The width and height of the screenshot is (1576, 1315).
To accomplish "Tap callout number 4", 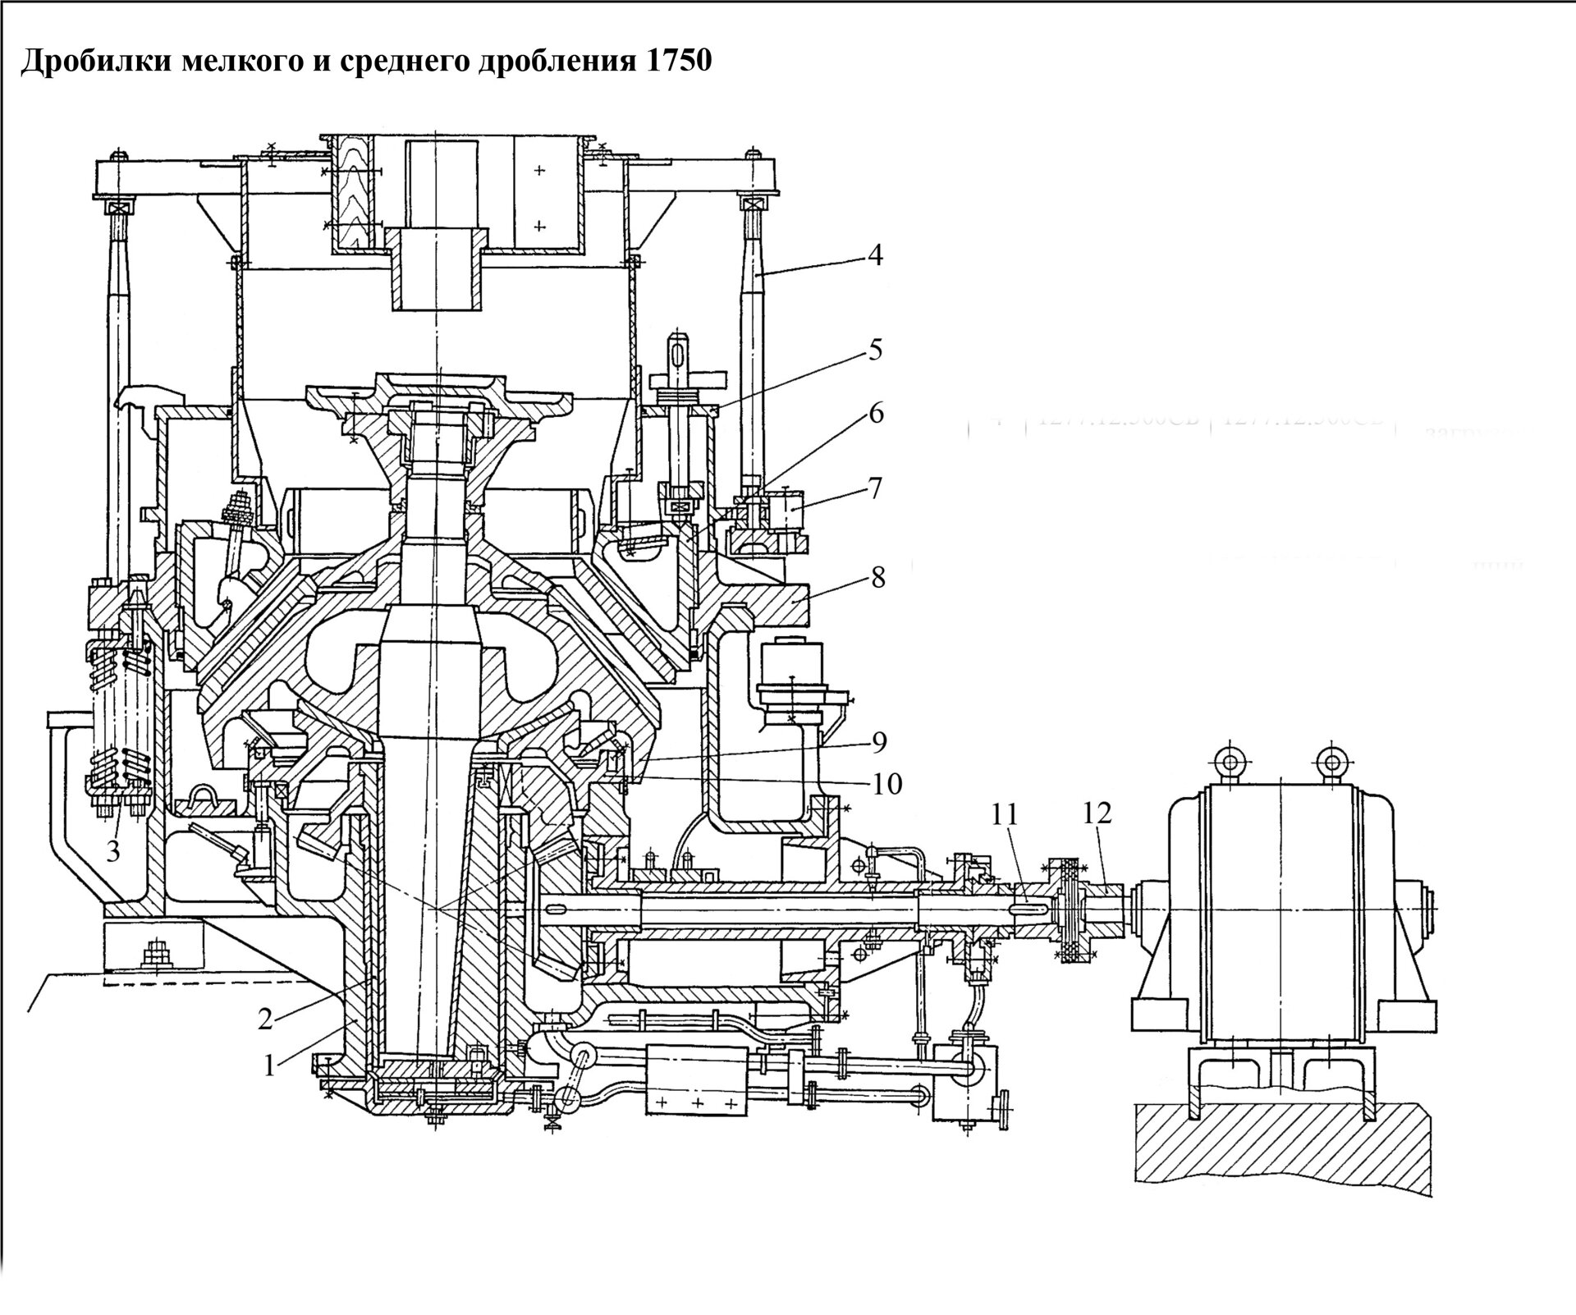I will pyautogui.click(x=875, y=256).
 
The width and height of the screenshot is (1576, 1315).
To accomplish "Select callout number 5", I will pyautogui.click(x=875, y=350).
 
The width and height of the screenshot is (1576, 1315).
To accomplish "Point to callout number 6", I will pyautogui.click(x=876, y=413).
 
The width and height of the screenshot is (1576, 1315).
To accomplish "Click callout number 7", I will pyautogui.click(x=875, y=488).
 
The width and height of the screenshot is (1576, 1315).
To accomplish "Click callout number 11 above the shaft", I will pyautogui.click(x=1004, y=815).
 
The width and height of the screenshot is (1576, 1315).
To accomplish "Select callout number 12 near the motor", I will pyautogui.click(x=1097, y=813).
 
